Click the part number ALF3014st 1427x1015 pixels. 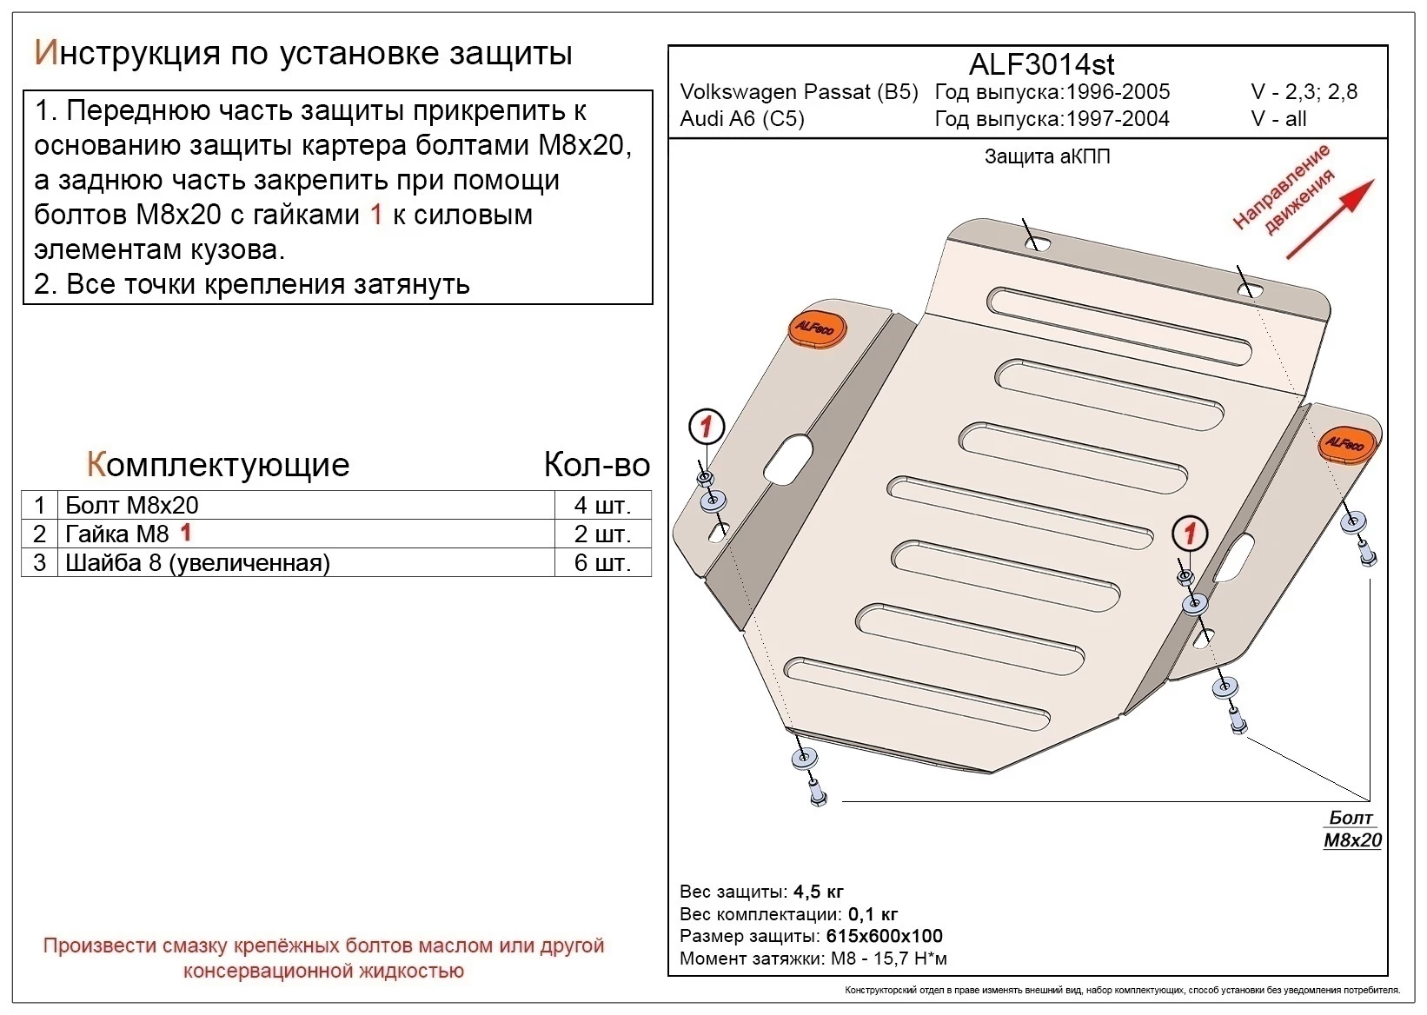pyautogui.click(x=1040, y=64)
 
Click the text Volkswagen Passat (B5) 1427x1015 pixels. pyautogui.click(x=798, y=92)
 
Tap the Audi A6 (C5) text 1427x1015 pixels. pyautogui.click(x=741, y=119)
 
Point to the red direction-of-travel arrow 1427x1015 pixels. pyautogui.click(x=1330, y=219)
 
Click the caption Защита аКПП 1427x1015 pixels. pyautogui.click(x=1046, y=157)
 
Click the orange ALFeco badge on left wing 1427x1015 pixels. pyautogui.click(x=816, y=328)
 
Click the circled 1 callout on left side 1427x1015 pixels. pyautogui.click(x=706, y=427)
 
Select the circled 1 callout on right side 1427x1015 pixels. pyautogui.click(x=1189, y=533)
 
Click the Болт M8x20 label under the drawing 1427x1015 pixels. pyautogui.click(x=1352, y=829)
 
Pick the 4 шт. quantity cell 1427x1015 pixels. pyautogui.click(x=602, y=506)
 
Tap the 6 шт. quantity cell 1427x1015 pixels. pyautogui.click(x=602, y=563)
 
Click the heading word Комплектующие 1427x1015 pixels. pyautogui.click(x=217, y=465)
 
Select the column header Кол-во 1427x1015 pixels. pyautogui.click(x=596, y=465)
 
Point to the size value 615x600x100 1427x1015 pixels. pyautogui.click(x=883, y=936)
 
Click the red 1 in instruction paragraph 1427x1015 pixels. pyautogui.click(x=375, y=215)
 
